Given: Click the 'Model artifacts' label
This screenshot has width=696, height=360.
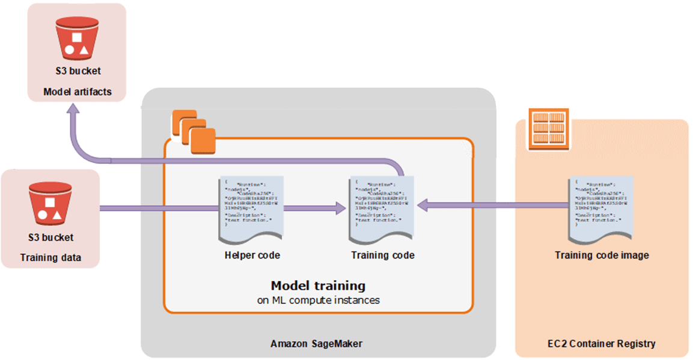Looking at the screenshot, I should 78,92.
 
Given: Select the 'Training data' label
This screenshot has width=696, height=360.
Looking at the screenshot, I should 50,258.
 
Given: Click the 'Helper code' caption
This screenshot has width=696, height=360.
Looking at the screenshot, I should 252,255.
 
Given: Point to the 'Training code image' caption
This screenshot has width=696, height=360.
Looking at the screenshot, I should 602,255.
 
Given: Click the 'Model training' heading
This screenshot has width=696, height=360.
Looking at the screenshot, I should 318,285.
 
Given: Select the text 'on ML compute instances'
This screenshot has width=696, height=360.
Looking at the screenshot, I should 318,299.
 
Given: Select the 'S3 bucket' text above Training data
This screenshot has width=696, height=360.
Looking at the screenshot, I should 50,237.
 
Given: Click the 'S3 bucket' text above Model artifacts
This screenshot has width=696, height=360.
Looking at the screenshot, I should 78,72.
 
